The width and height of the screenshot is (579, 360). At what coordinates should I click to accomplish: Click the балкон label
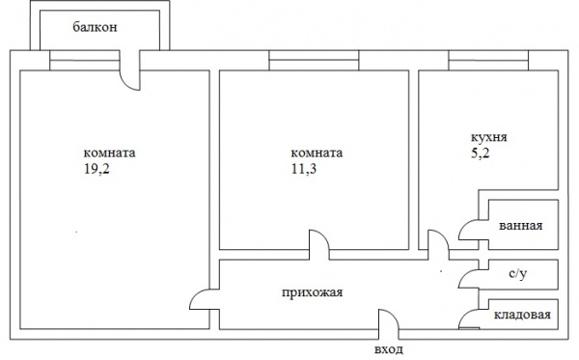pyautogui.click(x=95, y=27)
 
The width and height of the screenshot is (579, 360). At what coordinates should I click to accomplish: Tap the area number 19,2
pyautogui.click(x=96, y=169)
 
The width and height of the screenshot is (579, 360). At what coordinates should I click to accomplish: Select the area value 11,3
pyautogui.click(x=304, y=169)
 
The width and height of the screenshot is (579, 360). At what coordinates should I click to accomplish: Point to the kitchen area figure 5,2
pyautogui.click(x=480, y=152)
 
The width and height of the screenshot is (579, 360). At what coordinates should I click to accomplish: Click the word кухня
pyautogui.click(x=489, y=137)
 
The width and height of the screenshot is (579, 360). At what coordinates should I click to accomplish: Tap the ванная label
pyautogui.click(x=521, y=226)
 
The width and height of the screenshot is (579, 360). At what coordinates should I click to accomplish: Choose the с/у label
pyautogui.click(x=517, y=273)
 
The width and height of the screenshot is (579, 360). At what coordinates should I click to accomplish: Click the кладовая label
pyautogui.click(x=522, y=315)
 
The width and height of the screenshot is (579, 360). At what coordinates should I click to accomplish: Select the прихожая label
pyautogui.click(x=313, y=292)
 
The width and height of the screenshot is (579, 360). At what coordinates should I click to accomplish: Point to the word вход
pyautogui.click(x=389, y=349)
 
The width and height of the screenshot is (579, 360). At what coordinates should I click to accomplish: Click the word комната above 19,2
pyautogui.click(x=110, y=152)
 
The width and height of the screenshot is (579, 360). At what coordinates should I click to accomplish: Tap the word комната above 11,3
pyautogui.click(x=317, y=152)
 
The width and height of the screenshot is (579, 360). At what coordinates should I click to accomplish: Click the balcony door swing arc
pyautogui.click(x=125, y=84)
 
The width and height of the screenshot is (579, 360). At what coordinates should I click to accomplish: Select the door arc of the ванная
pyautogui.click(x=464, y=226)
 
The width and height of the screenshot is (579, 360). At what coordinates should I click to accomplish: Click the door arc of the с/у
pyautogui.click(x=464, y=275)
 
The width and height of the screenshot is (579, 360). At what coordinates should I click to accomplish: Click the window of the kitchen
pyautogui.click(x=488, y=60)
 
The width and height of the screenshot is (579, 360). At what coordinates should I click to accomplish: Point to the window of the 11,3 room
pyautogui.click(x=314, y=60)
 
